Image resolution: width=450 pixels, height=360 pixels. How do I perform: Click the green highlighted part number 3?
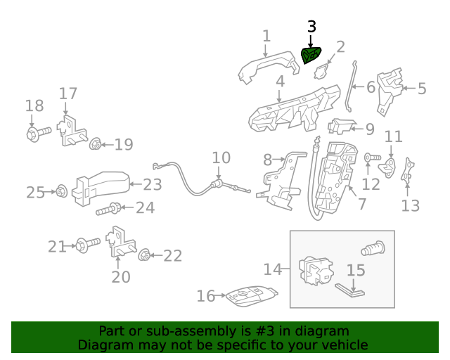311,54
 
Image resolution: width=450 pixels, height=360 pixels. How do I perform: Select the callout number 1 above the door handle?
266,35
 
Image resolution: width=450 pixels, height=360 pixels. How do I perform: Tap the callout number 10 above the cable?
221,157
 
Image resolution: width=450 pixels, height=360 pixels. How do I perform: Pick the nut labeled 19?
95,145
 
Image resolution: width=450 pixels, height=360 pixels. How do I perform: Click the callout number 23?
153,185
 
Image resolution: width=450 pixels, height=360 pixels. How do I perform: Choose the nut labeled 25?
60,191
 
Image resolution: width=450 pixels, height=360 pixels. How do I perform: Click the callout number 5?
422,89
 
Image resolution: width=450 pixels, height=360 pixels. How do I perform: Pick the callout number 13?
410,205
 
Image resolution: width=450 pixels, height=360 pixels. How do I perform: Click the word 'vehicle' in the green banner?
344,345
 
